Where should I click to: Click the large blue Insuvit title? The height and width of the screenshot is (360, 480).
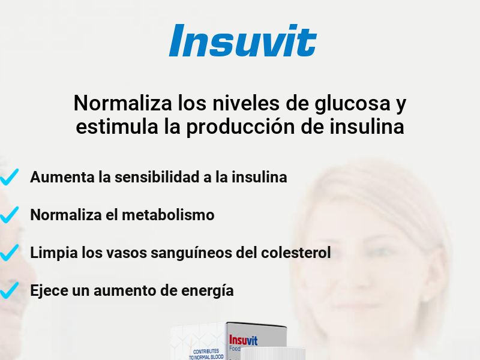pyautogui.click(x=242, y=41)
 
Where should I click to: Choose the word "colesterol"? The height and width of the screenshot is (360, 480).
pyautogui.click(x=296, y=253)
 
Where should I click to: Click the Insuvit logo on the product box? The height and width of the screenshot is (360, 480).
pyautogui.click(x=243, y=341)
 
